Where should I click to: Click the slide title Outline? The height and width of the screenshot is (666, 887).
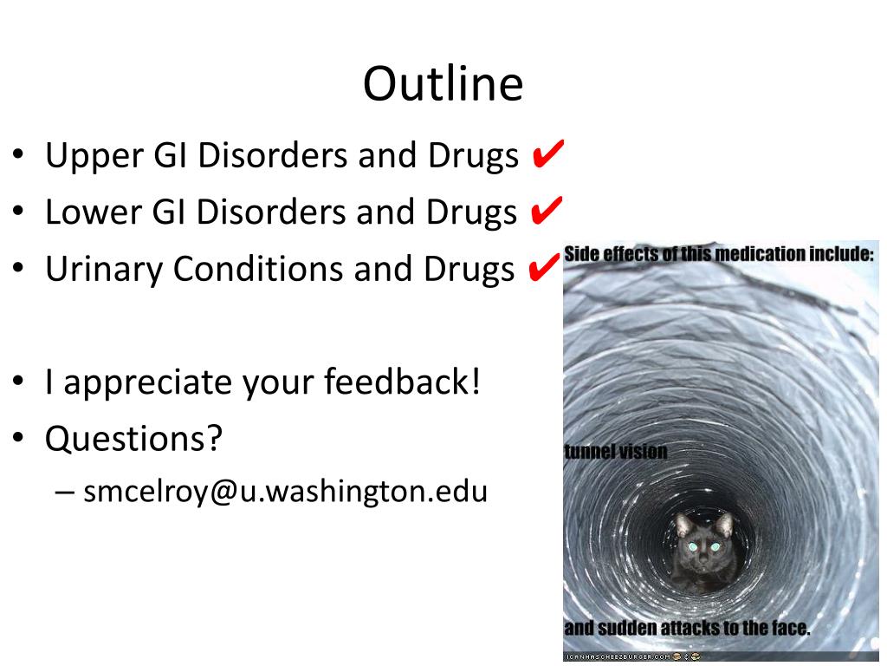[443, 83]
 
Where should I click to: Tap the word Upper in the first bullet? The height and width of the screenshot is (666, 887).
[94, 157]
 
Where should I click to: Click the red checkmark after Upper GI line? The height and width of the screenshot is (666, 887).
[547, 153]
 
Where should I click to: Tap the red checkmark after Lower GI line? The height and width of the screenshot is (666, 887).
[547, 210]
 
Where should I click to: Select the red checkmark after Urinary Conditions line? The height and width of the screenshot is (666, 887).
[544, 267]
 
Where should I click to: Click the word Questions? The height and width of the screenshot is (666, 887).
[133, 438]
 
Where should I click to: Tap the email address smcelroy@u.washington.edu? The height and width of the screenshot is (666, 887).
[285, 491]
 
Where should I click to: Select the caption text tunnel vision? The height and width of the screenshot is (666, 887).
[616, 451]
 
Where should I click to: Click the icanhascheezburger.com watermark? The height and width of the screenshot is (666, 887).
[618, 656]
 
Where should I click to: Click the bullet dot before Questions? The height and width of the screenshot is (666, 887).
[18, 438]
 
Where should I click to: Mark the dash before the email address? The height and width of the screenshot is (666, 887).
[64, 493]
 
